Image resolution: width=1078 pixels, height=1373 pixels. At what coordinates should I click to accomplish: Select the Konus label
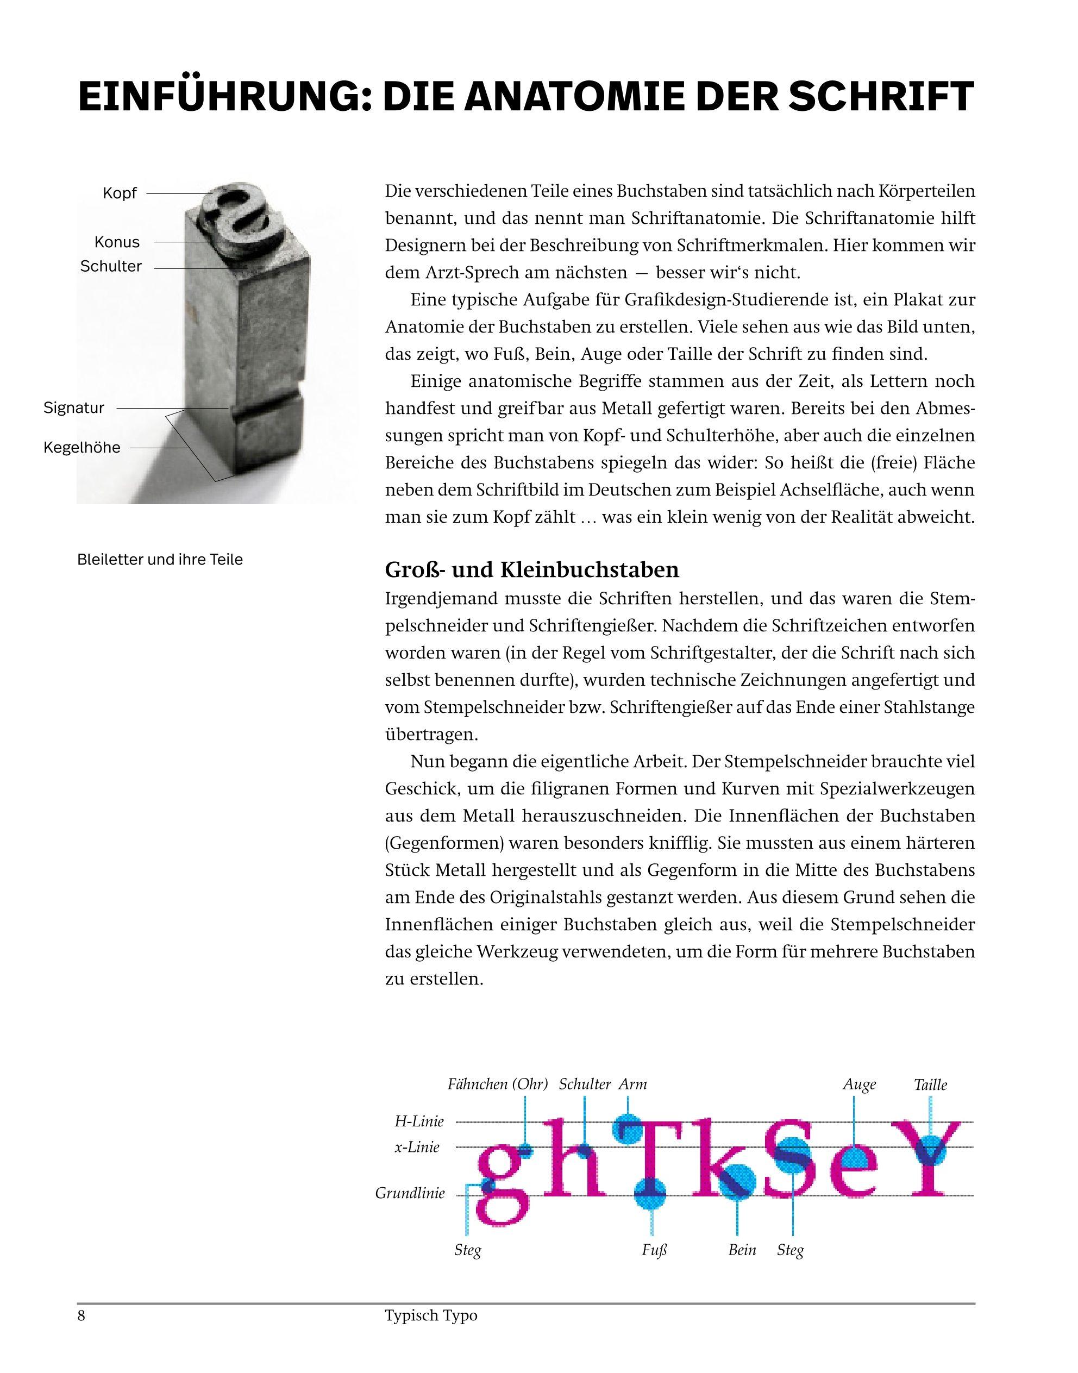click(x=117, y=242)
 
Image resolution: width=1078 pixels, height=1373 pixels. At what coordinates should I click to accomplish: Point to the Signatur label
click(x=74, y=407)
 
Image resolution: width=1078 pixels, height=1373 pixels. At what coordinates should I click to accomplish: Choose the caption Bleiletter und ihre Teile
click(x=160, y=560)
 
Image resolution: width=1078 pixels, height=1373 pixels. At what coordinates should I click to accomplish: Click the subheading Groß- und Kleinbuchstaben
click(x=531, y=570)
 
